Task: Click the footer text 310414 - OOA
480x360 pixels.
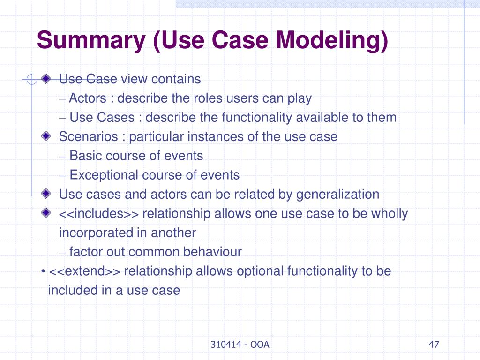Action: pyautogui.click(x=240, y=345)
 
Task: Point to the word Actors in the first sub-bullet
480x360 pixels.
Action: pyautogui.click(x=88, y=98)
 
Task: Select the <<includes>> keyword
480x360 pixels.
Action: pyautogui.click(x=98, y=214)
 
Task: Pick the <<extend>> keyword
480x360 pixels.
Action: pyautogui.click(x=84, y=271)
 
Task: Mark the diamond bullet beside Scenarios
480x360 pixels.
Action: pyautogui.click(x=45, y=136)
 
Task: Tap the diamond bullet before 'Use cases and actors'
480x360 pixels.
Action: pyautogui.click(x=45, y=194)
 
